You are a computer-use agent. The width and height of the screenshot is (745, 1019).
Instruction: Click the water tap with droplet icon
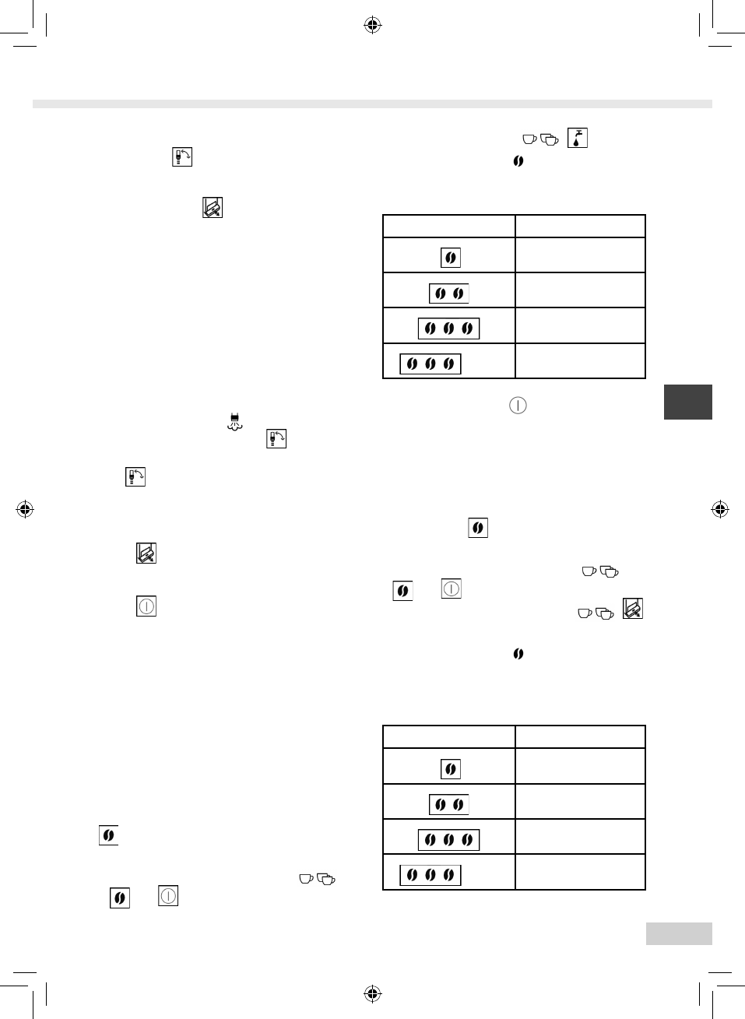point(577,139)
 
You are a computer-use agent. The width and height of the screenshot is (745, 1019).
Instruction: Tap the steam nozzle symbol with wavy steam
point(235,422)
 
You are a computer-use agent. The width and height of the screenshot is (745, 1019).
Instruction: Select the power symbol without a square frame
point(518,406)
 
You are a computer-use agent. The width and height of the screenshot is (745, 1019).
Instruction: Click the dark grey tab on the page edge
point(687,402)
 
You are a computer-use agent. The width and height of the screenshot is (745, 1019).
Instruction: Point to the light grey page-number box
point(678,933)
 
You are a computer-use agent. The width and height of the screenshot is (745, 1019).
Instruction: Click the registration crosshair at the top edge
point(372,26)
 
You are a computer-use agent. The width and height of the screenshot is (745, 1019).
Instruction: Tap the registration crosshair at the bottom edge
point(372,993)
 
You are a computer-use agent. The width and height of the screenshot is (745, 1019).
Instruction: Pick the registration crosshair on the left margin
point(25,510)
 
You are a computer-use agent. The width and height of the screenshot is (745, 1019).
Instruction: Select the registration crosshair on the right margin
point(720,510)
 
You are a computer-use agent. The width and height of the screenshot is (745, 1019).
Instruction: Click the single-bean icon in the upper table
point(450,258)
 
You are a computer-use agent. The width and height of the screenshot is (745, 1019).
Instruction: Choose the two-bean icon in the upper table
point(449,293)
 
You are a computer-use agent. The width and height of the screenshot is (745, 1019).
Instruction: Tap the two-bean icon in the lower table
point(449,804)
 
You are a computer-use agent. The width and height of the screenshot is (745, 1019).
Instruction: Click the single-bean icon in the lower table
point(450,769)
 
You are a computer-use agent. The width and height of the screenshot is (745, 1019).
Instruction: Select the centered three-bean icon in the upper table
point(448,329)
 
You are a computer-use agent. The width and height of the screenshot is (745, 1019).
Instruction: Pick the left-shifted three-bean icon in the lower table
point(430,875)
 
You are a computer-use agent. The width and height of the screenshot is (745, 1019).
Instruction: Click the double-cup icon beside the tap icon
point(550,139)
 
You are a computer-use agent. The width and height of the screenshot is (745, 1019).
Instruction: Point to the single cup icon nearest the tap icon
point(529,139)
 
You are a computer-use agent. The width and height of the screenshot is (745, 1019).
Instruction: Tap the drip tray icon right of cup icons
point(633,609)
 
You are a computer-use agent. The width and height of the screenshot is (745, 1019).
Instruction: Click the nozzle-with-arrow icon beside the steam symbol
point(276,438)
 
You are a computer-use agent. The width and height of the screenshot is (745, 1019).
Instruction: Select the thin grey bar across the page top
point(372,104)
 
